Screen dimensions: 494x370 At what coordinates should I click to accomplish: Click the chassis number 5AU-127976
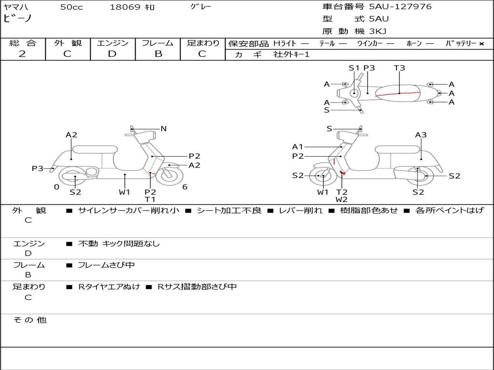point(400,7)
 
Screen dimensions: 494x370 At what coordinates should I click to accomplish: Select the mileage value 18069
point(125,7)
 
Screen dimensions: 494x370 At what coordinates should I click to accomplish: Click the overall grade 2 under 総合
point(22,54)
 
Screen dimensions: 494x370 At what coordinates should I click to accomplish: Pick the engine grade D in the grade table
point(112,54)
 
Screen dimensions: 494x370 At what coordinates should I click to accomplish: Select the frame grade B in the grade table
point(158,54)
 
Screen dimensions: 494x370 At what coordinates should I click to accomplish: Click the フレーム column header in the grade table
point(158,43)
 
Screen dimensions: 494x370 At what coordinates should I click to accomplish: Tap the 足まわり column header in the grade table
point(203,43)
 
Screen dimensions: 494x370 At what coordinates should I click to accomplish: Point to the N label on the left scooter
point(164,129)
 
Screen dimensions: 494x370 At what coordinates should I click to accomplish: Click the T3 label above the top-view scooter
point(399,68)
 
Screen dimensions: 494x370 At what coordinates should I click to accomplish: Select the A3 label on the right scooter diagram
point(421,135)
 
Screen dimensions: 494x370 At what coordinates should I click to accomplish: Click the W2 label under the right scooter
point(342,199)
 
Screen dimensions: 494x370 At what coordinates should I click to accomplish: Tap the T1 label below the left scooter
point(150,199)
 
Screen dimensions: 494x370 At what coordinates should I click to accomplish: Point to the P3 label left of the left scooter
point(38,169)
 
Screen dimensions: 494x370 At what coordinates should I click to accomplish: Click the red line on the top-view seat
point(400,92)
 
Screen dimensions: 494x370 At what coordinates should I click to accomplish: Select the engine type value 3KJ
point(378,31)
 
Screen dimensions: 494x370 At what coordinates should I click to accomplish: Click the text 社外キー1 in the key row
point(291,54)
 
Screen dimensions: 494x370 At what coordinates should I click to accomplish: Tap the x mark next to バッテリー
point(481,43)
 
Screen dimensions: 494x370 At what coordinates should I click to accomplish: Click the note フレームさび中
point(106,265)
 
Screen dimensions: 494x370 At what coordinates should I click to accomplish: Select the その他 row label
point(29,320)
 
